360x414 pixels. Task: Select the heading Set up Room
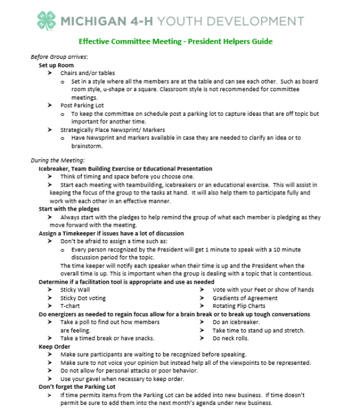pyautogui.click(x=56, y=65)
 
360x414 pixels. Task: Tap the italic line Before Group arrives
pyautogui.click(x=59, y=57)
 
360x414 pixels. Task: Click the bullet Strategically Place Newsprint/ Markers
pyautogui.click(x=112, y=130)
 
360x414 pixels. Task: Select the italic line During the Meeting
pyautogui.click(x=58, y=160)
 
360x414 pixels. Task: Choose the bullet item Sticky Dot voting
pyautogui.click(x=83, y=298)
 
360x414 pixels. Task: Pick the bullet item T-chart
pyautogui.click(x=70, y=306)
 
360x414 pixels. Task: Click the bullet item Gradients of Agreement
pyautogui.click(x=245, y=298)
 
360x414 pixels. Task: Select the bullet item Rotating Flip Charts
pyautogui.click(x=239, y=306)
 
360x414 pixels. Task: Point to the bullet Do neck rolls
pyautogui.click(x=231, y=338)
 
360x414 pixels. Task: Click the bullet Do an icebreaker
pyautogui.click(x=236, y=322)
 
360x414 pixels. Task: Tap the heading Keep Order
pyautogui.click(x=54, y=347)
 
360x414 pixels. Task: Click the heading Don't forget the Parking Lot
pyautogui.click(x=77, y=387)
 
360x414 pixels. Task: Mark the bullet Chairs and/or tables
pyautogui.click(x=87, y=73)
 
